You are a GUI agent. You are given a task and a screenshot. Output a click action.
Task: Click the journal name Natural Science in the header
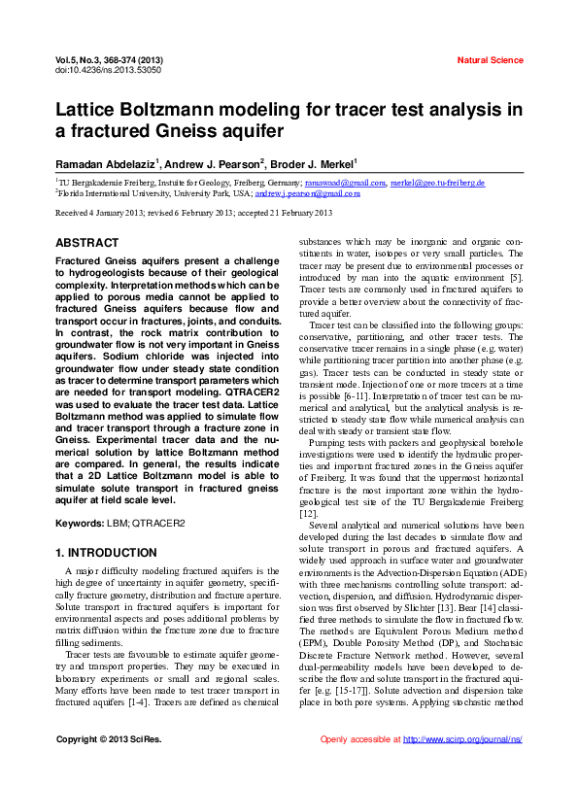click(x=490, y=60)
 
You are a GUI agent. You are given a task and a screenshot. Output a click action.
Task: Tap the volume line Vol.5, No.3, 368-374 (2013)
click(x=109, y=60)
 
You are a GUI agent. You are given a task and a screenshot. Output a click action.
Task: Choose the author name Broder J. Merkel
click(x=315, y=164)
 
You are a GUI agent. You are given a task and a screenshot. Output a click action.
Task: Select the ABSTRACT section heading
click(x=87, y=242)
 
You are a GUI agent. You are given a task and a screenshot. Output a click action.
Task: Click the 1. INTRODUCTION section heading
click(x=106, y=553)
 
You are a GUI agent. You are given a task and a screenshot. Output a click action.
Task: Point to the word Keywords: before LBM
click(x=81, y=524)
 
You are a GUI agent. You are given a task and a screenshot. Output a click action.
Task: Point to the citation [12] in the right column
click(x=308, y=512)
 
